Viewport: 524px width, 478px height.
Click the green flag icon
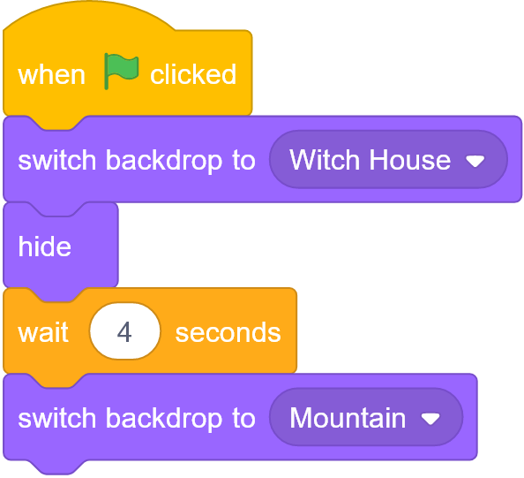pos(122,71)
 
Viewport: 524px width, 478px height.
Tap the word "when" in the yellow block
pos(51,74)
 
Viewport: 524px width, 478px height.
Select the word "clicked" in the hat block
pos(193,74)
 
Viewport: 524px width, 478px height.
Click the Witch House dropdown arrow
pos(475,162)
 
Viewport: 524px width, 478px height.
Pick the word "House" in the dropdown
pos(410,160)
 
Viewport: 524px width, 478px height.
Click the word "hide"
pos(44,246)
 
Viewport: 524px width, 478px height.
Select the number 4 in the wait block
pos(124,332)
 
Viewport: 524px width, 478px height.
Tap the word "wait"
pos(43,332)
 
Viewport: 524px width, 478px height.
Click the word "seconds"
pos(228,333)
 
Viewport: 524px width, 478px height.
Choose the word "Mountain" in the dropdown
pos(348,418)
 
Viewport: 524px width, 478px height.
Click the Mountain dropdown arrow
pos(430,419)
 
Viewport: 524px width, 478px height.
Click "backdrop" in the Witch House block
pos(164,162)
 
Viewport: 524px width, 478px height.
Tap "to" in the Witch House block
pos(244,161)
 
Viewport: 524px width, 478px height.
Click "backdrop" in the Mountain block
pos(164,420)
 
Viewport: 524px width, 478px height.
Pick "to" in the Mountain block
pos(244,419)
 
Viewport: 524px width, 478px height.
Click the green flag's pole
pos(106,72)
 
